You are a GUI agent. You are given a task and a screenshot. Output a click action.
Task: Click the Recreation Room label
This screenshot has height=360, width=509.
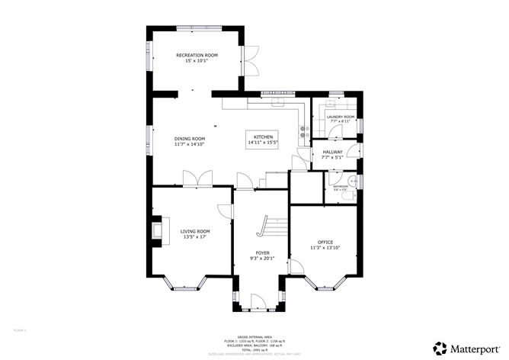pos(197,56)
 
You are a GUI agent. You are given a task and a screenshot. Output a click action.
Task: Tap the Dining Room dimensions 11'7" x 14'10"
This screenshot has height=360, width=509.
pos(190,143)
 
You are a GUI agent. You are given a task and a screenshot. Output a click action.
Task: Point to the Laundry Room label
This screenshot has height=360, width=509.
pos(341,117)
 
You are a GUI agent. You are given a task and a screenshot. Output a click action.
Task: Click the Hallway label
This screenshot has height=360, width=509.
pos(332,153)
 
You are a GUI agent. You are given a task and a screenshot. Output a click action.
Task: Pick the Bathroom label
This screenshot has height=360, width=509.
pos(340,186)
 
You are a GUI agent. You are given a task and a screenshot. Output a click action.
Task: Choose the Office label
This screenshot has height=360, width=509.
pos(325,242)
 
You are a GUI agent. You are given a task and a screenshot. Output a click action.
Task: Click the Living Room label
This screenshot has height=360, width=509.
pos(195,231)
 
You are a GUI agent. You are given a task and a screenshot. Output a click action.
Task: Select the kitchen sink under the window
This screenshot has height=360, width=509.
pos(277,101)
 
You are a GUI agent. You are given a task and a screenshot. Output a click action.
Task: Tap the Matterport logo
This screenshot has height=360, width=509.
pos(465,345)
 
